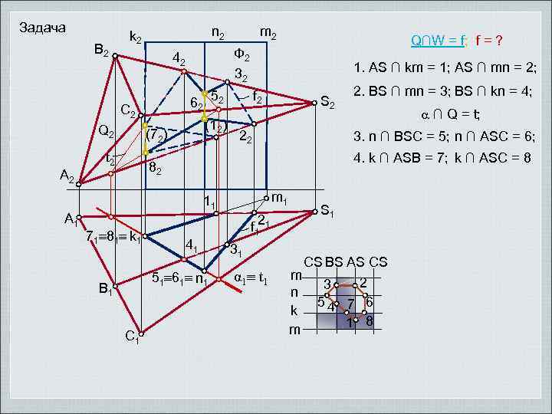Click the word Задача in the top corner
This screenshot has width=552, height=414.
pyautogui.click(x=42, y=28)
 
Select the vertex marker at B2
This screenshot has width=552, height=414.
pyautogui.click(x=114, y=54)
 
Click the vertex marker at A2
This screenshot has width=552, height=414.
pyautogui.click(x=78, y=184)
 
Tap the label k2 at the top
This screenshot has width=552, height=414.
pyautogui.click(x=138, y=36)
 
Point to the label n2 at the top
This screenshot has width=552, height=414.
pyautogui.click(x=218, y=32)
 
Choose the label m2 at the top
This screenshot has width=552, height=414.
pyautogui.click(x=268, y=32)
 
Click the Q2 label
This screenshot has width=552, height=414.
pyautogui.click(x=106, y=130)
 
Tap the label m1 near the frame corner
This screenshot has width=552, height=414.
pyautogui.click(x=280, y=199)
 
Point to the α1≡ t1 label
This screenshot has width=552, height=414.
pyautogui.click(x=249, y=277)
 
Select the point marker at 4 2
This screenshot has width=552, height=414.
pyautogui.click(x=183, y=71)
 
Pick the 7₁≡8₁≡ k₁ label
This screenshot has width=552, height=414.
pyautogui.click(x=113, y=236)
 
